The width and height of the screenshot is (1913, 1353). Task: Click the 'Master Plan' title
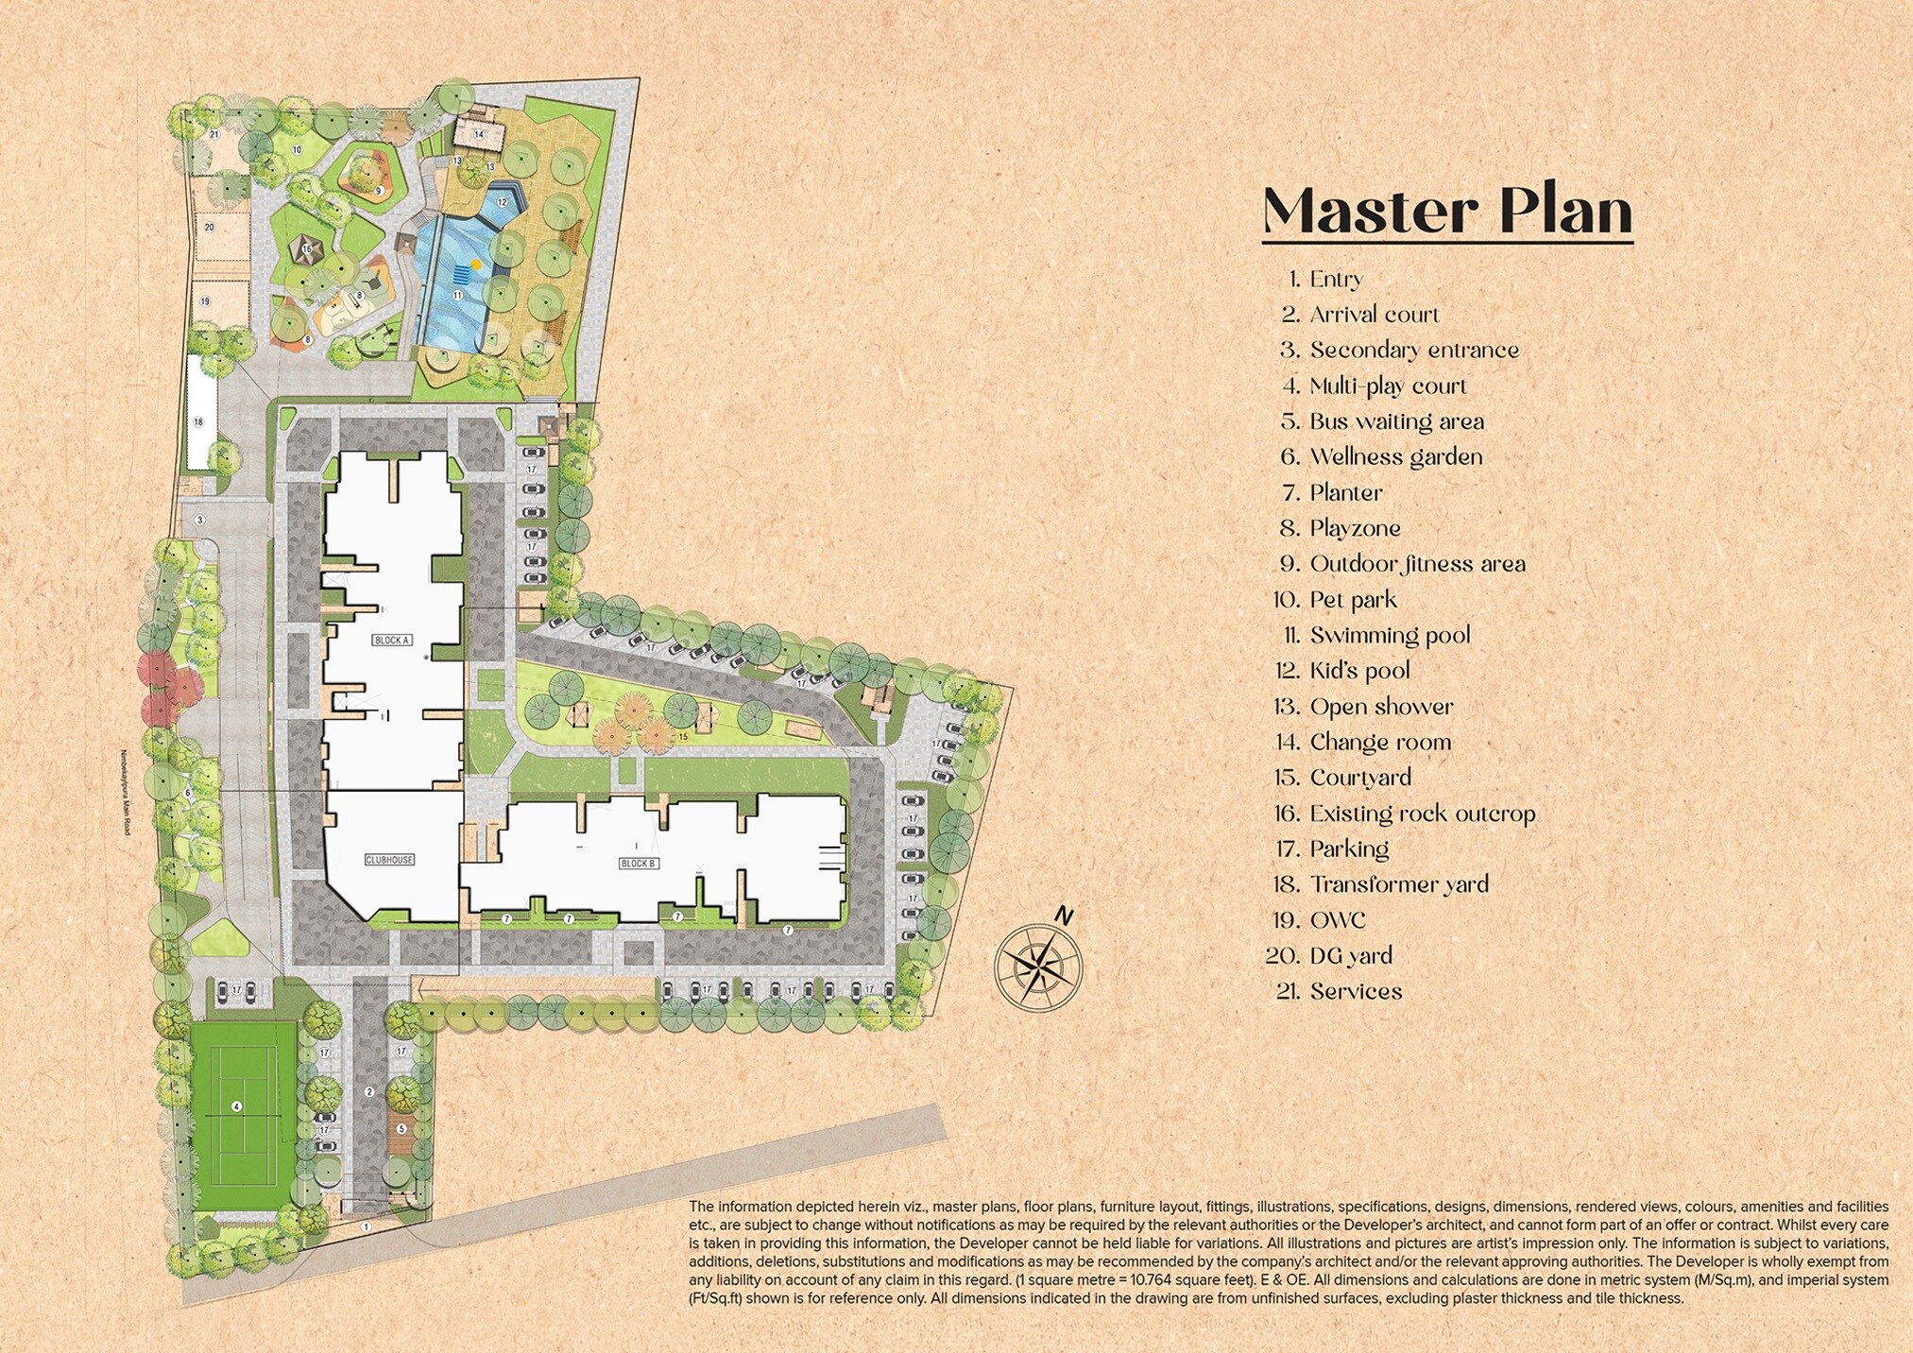tap(1447, 212)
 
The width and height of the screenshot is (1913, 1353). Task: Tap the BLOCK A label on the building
tap(392, 641)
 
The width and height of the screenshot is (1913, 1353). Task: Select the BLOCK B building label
tap(639, 864)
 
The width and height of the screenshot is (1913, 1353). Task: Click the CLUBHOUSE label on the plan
tap(389, 860)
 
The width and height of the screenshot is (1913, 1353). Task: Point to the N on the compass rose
tap(1064, 916)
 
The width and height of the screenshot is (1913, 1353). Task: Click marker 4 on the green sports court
tap(237, 1106)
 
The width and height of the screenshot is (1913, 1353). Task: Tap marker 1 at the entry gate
tap(367, 1226)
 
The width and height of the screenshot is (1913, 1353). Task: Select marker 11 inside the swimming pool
tap(457, 296)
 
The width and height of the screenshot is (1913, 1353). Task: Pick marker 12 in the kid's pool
tap(503, 202)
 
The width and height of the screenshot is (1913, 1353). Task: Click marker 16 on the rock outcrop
tap(306, 249)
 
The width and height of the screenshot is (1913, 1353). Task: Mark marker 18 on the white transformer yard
tap(198, 422)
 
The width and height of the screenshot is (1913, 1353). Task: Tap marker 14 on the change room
tap(479, 135)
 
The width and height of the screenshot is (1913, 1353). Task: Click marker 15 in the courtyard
tap(683, 736)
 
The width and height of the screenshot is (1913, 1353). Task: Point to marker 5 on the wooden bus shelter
tap(401, 1129)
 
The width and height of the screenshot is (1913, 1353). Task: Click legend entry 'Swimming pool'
tap(1389, 635)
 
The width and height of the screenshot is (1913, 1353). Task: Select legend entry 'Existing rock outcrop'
tap(1421, 814)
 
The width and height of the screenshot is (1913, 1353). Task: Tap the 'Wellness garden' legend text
tap(1395, 457)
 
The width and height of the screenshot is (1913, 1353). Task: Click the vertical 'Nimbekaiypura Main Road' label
tap(124, 792)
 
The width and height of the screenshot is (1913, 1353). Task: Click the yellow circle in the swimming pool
tap(475, 265)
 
